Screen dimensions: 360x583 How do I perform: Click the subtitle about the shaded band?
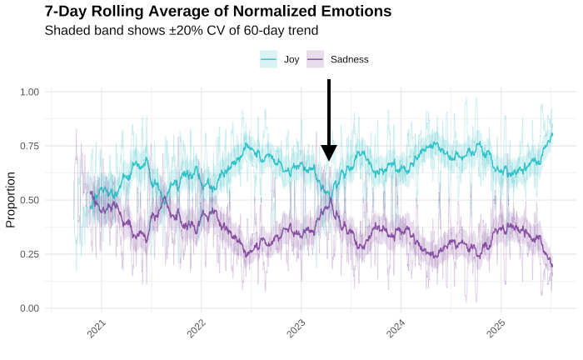coord(181,31)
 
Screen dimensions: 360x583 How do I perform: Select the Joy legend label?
coord(291,59)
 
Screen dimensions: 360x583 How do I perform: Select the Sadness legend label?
coord(349,59)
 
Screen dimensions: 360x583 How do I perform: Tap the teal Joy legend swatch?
coord(268,59)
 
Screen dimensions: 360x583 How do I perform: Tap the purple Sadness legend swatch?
coord(316,59)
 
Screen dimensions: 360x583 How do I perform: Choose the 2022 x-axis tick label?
coord(196,327)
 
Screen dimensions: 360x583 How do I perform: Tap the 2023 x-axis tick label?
coord(296,327)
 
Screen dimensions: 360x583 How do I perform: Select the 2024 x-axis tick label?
coord(396,327)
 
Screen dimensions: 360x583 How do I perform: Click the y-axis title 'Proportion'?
coord(11,200)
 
